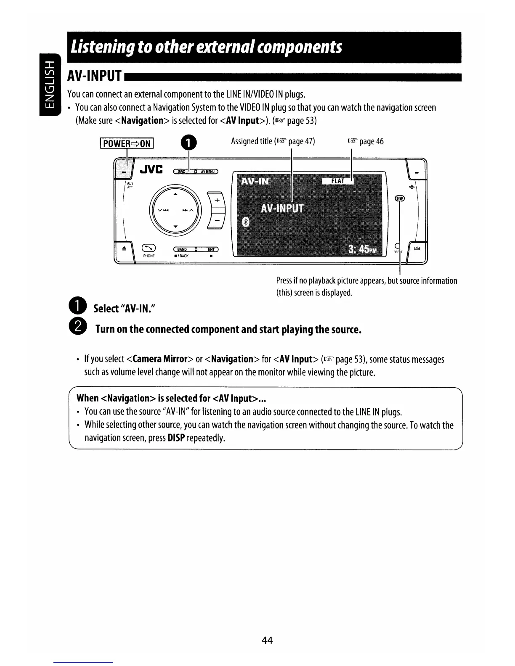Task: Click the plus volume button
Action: [x=217, y=201]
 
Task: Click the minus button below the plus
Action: [x=217, y=221]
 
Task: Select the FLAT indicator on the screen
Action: [x=337, y=181]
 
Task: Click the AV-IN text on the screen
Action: [x=255, y=181]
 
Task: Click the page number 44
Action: [x=267, y=640]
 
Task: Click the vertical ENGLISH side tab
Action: [x=49, y=85]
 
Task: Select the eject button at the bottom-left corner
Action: [x=124, y=249]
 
